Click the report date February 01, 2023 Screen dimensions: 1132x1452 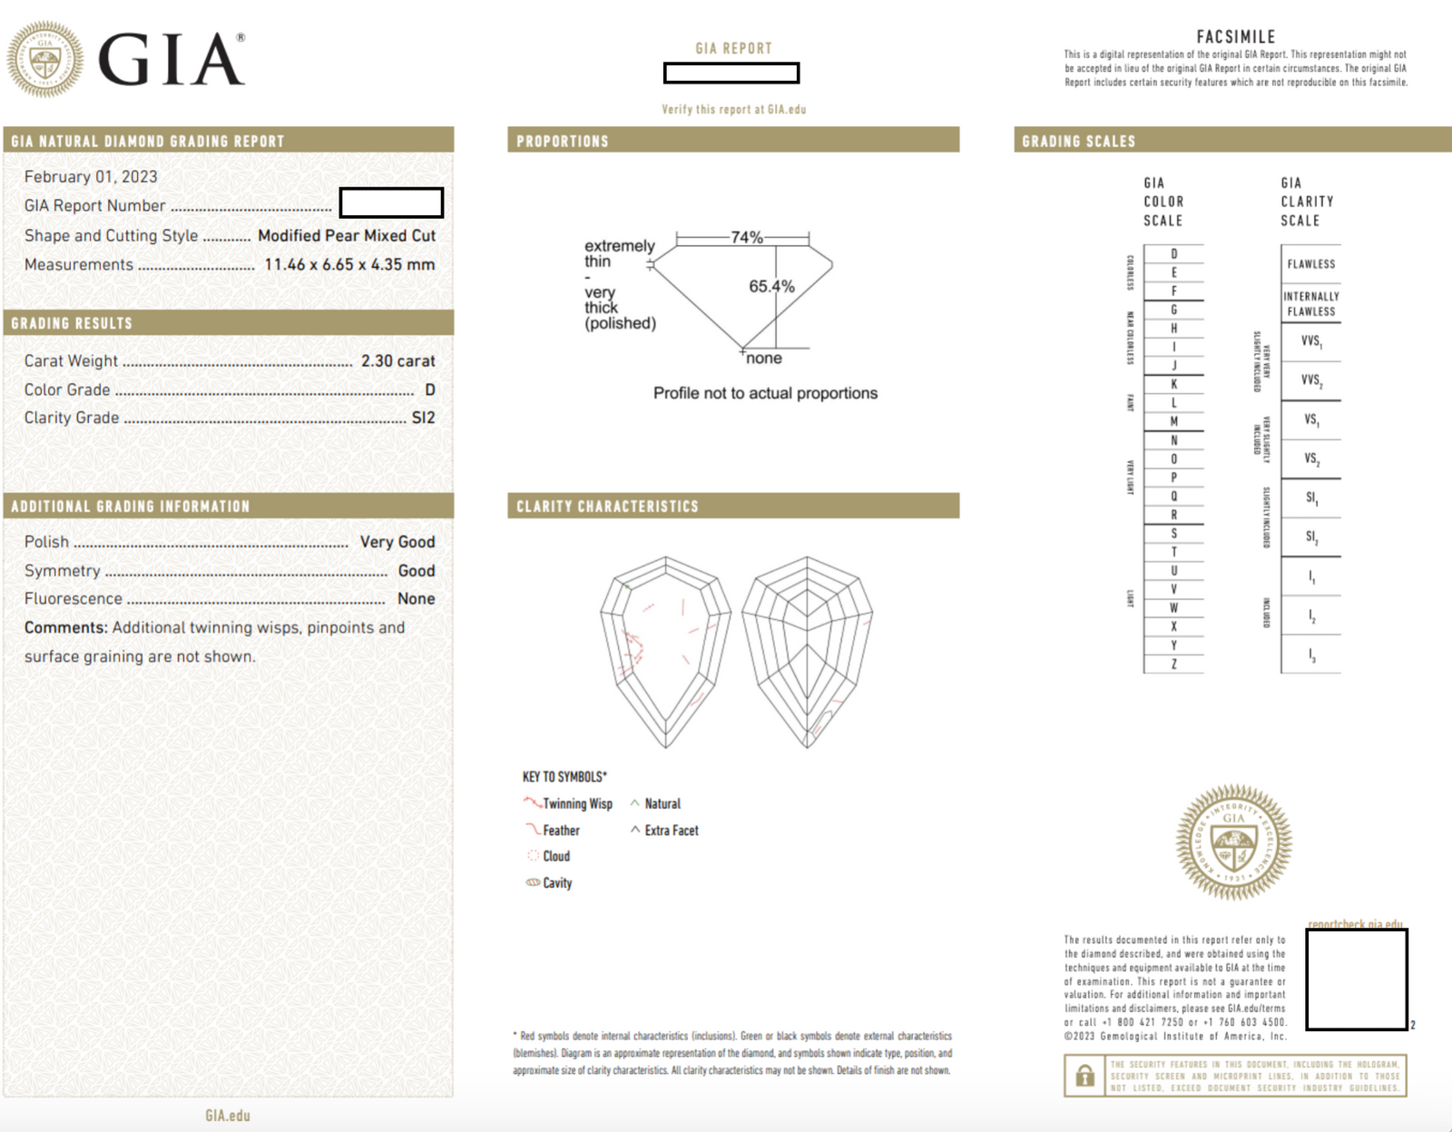point(91,177)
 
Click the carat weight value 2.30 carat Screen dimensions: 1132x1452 point(397,361)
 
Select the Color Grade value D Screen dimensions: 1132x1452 point(430,389)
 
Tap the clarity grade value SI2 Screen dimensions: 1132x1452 point(423,418)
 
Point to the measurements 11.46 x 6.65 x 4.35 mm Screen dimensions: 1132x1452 point(349,265)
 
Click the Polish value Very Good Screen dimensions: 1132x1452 point(397,542)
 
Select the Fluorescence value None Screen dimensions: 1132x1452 point(416,599)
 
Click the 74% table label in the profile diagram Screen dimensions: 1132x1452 point(747,237)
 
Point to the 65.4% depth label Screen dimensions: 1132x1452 point(771,287)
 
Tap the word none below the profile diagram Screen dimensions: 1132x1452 point(764,359)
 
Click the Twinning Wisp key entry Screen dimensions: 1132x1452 point(577,804)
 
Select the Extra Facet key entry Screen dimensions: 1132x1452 point(671,831)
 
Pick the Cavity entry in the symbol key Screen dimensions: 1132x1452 point(557,883)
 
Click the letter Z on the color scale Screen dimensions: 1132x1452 point(1173,664)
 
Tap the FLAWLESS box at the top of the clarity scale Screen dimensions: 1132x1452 point(1310,264)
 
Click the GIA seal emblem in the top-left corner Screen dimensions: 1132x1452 point(45,60)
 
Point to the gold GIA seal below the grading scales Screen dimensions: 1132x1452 point(1233,842)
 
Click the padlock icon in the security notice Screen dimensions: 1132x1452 point(1084,1076)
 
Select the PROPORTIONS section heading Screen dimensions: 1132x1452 point(563,142)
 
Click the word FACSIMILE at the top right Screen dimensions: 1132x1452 point(1235,37)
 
